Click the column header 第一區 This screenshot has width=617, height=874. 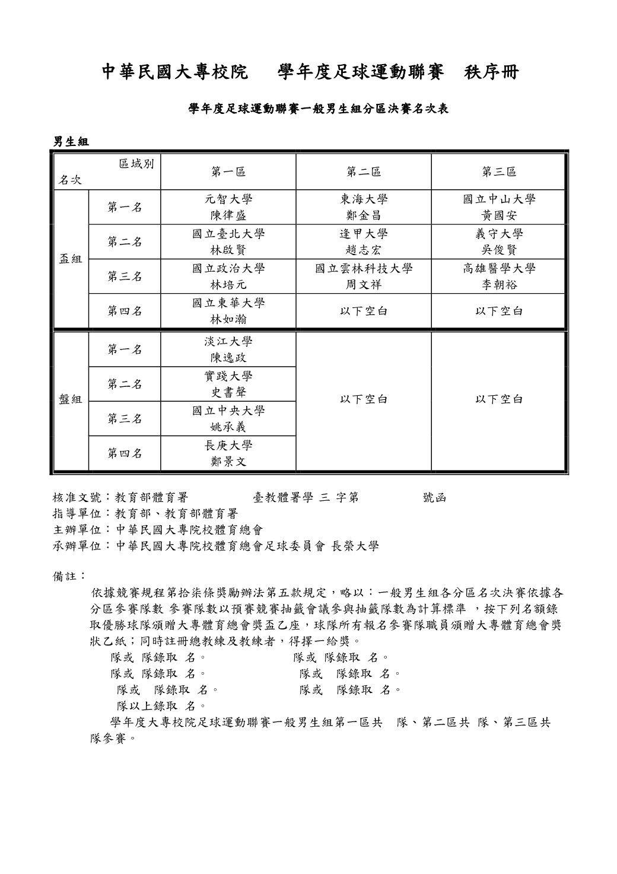228,172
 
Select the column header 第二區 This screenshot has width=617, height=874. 364,172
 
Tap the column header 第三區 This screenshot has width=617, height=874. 499,172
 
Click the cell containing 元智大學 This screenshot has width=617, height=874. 228,207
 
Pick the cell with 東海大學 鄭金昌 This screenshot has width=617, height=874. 364,207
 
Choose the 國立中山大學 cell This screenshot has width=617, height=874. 499,207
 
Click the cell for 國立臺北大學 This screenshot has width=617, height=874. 228,241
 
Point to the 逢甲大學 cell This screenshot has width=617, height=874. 364,241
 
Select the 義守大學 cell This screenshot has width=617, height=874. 499,241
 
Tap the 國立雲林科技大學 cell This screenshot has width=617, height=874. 364,276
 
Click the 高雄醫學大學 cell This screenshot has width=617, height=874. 499,276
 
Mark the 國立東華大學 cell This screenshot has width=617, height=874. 228,311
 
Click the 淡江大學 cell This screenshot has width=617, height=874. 228,349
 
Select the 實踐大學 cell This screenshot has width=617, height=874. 228,384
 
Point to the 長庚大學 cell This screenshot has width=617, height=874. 228,453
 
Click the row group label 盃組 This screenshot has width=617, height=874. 71,259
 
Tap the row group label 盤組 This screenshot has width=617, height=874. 71,399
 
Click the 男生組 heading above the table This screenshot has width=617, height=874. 71,141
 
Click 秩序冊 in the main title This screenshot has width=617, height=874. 492,72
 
